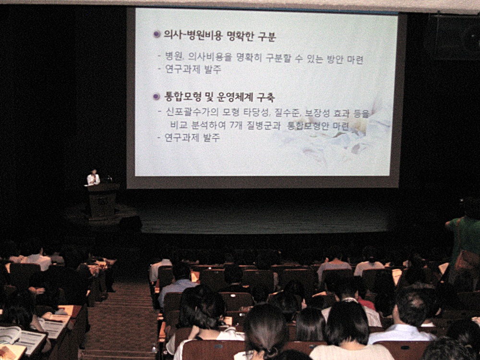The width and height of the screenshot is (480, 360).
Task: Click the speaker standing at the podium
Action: point(93,177)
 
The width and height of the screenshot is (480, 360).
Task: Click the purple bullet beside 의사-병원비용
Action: point(157,34)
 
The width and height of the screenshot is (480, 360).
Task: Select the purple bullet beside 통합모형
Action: point(156,97)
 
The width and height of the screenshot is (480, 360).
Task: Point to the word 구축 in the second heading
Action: point(265,97)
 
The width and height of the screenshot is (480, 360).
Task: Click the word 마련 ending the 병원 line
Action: point(355,60)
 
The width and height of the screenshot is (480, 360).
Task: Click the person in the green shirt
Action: point(464,242)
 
